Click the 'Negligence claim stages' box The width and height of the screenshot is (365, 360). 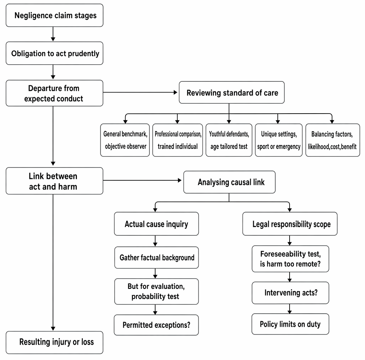[x=54, y=15]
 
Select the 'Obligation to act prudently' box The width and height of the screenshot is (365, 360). [x=54, y=53]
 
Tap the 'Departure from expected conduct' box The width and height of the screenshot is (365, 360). [x=54, y=93]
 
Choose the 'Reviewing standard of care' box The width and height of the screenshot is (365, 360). [x=232, y=92]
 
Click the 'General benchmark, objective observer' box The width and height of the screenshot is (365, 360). [x=125, y=140]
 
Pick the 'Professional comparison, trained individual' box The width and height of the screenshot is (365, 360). [x=178, y=140]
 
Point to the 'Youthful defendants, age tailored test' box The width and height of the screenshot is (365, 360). [x=229, y=140]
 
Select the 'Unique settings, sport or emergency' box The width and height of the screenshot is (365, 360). [x=278, y=140]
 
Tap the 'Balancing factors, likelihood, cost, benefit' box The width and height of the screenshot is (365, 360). [x=332, y=140]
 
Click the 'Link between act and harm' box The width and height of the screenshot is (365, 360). [x=54, y=181]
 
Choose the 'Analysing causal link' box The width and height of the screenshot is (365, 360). [x=229, y=182]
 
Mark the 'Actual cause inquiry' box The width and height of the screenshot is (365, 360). [x=157, y=224]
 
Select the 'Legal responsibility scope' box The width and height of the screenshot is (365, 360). [x=290, y=224]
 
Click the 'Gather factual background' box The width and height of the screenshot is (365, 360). [x=157, y=257]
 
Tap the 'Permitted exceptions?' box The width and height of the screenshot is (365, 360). [x=156, y=325]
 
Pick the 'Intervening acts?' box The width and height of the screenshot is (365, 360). [x=290, y=293]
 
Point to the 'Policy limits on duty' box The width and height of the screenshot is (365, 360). [x=290, y=324]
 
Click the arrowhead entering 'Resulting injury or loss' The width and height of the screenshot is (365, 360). [x=53, y=329]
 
